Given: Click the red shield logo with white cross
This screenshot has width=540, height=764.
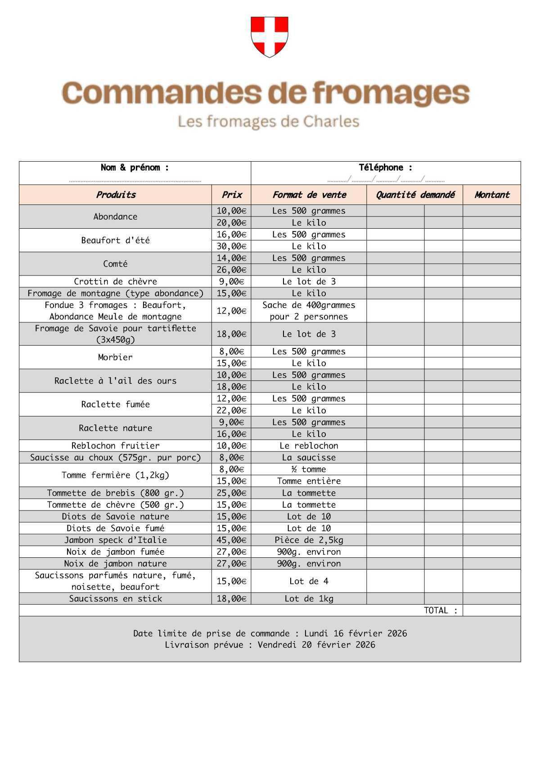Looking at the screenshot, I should [x=269, y=36].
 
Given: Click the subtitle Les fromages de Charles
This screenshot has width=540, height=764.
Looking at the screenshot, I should [x=269, y=122].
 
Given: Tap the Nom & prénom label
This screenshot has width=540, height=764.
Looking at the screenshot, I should [x=135, y=167].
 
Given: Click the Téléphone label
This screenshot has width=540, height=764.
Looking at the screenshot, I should [x=385, y=167].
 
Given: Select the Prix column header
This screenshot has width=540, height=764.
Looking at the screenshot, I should [x=231, y=195].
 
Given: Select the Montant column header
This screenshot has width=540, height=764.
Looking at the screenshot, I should [x=491, y=195].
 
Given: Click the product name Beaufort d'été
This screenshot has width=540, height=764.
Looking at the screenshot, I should [x=115, y=240].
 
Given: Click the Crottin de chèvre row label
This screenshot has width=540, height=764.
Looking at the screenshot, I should [x=115, y=281].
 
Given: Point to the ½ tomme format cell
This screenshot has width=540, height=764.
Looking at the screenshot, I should [x=309, y=469].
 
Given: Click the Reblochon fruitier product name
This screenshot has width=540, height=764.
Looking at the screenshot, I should [x=115, y=446].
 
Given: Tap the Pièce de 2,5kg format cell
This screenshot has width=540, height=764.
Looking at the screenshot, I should [x=309, y=540].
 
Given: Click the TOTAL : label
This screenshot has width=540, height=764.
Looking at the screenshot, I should [x=441, y=610].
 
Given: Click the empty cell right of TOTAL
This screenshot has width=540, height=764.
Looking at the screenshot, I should [x=491, y=610].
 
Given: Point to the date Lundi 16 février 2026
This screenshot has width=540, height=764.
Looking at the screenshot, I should [x=355, y=633].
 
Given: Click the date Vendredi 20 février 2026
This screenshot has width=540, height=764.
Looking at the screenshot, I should [x=316, y=645].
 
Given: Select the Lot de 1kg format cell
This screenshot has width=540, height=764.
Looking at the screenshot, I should [x=309, y=599].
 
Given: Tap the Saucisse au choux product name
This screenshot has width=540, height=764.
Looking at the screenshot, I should [x=115, y=457].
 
